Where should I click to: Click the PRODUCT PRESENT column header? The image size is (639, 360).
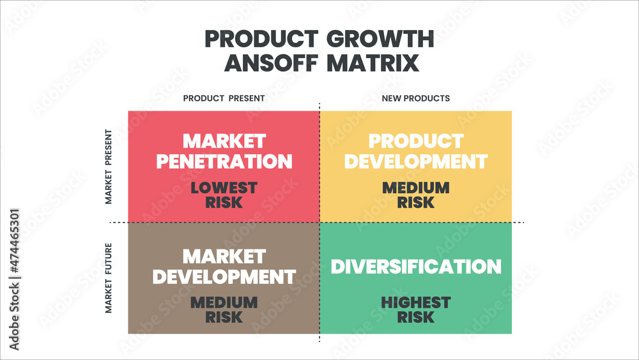[x=224, y=98]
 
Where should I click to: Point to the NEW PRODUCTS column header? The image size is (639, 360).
[x=415, y=98]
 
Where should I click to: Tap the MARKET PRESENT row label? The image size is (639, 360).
[x=109, y=167]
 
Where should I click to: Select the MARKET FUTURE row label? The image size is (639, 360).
[x=109, y=278]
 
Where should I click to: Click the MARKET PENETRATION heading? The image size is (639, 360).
[x=224, y=151]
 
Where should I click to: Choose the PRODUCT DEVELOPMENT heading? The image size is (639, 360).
[x=415, y=151]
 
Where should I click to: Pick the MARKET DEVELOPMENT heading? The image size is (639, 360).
[x=224, y=266]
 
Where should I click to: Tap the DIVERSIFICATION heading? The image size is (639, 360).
[x=415, y=266]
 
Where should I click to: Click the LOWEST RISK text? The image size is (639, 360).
[x=224, y=195]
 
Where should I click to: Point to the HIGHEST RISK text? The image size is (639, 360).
[x=415, y=309]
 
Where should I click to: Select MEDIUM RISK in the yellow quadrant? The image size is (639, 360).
[x=415, y=195]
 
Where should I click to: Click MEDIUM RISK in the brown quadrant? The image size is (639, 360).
[x=224, y=309]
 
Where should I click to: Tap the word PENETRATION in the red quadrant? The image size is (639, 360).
[x=224, y=161]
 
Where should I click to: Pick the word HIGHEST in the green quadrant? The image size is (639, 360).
[x=415, y=302]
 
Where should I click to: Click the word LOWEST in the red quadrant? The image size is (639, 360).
[x=224, y=188]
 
